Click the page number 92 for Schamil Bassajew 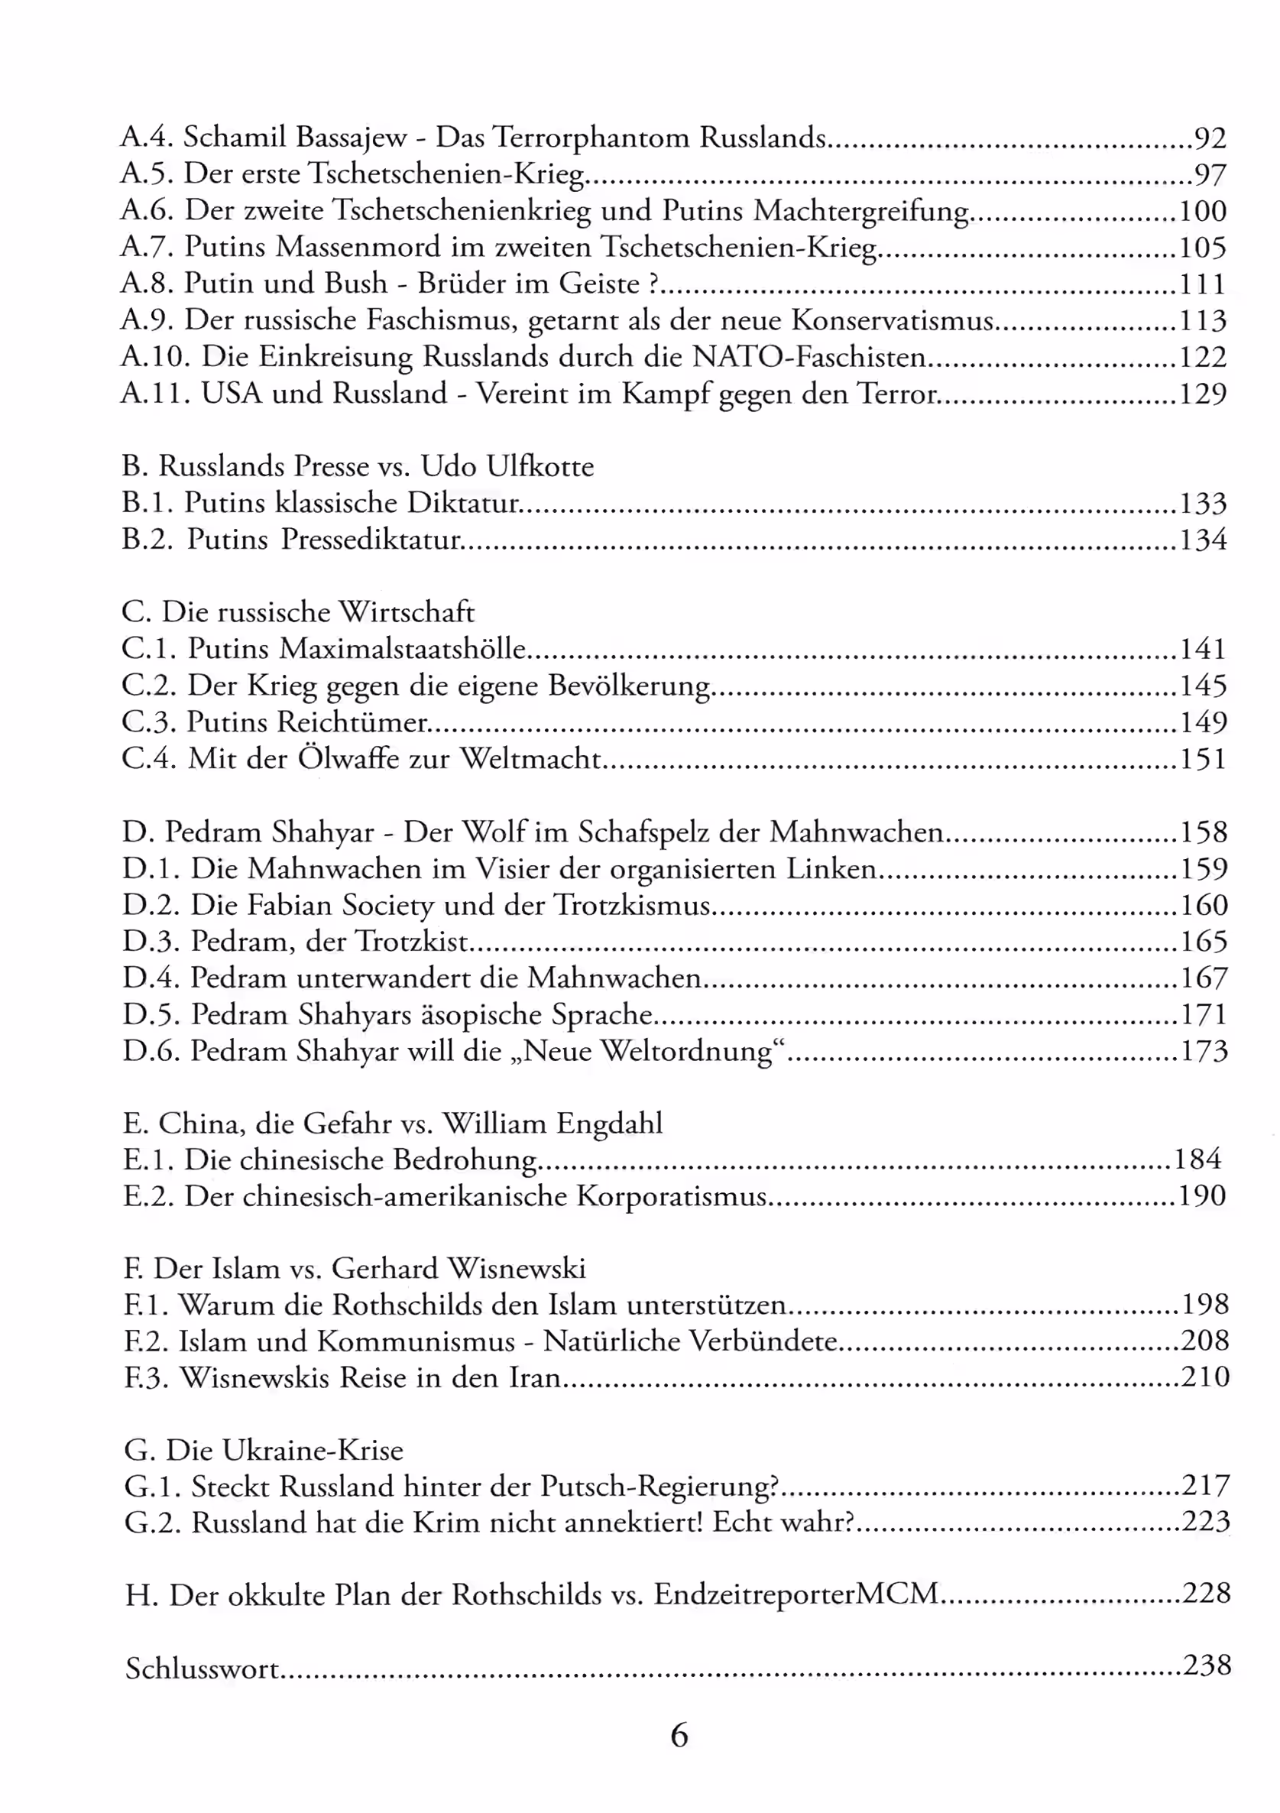tap(1210, 138)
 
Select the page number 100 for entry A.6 tap(1203, 211)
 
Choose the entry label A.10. tap(152, 357)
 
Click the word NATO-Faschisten tap(809, 357)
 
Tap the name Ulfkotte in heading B tap(540, 466)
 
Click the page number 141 tap(1203, 649)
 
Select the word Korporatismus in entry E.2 tap(671, 1196)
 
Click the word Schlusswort tap(203, 1669)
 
